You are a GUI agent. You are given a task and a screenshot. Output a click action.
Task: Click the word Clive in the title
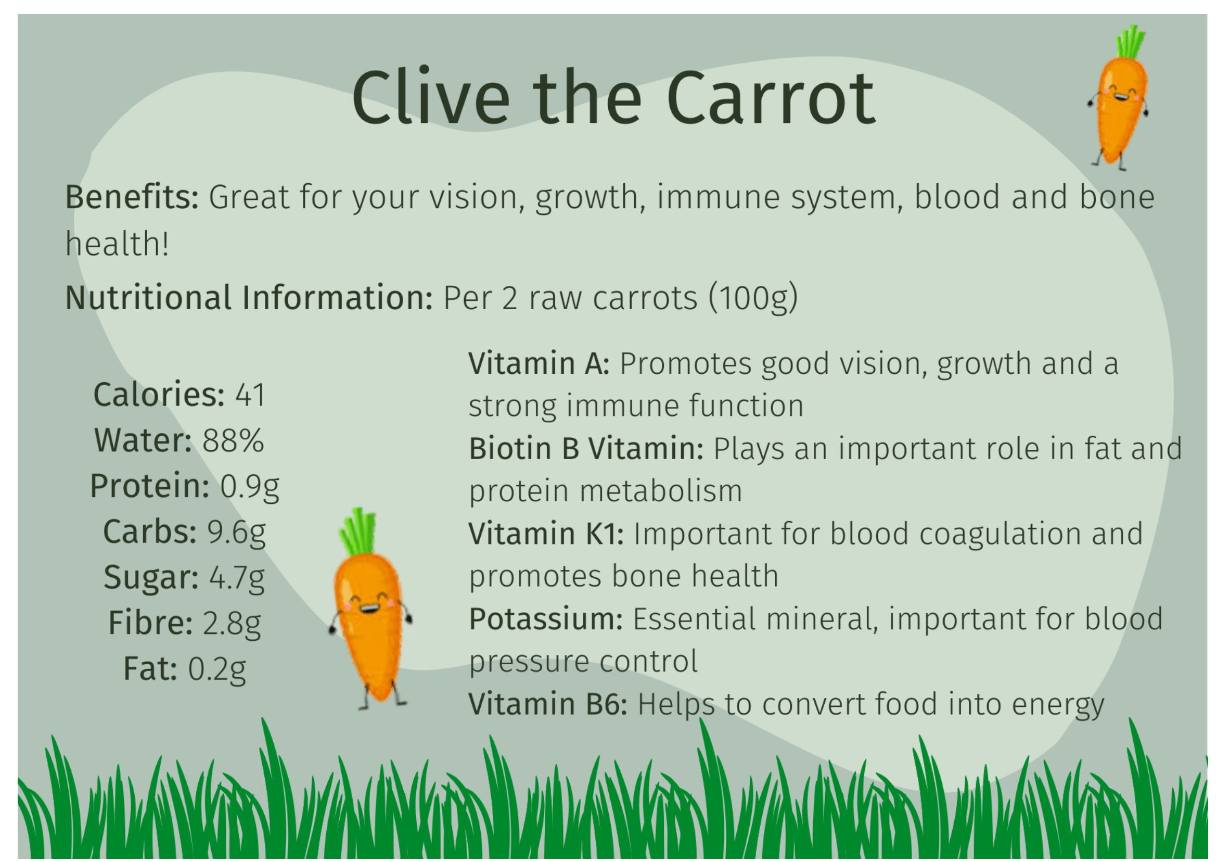430,97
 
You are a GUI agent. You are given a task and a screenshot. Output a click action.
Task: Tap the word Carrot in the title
771,98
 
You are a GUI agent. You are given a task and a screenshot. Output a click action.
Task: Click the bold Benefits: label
132,197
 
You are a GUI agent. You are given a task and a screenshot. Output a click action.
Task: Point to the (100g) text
753,298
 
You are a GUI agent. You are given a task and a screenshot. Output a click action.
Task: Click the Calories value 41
250,396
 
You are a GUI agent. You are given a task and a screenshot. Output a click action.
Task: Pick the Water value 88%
233,441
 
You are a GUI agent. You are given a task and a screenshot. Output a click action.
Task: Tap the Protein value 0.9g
250,487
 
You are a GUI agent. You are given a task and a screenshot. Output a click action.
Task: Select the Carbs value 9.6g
236,533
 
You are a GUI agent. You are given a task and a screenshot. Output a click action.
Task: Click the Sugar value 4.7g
237,578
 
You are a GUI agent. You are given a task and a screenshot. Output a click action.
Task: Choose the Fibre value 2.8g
232,624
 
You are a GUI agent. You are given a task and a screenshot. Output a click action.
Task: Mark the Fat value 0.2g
217,669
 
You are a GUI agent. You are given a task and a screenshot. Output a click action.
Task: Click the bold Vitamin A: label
539,364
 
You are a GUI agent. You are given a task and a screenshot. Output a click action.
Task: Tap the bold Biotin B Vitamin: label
586,449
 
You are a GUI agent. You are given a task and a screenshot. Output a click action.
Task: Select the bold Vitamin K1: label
546,534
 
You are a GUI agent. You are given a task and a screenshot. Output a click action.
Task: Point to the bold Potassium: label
546,619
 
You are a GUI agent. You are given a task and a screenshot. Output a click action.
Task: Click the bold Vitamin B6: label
548,705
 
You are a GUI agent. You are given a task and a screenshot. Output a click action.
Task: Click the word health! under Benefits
117,245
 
